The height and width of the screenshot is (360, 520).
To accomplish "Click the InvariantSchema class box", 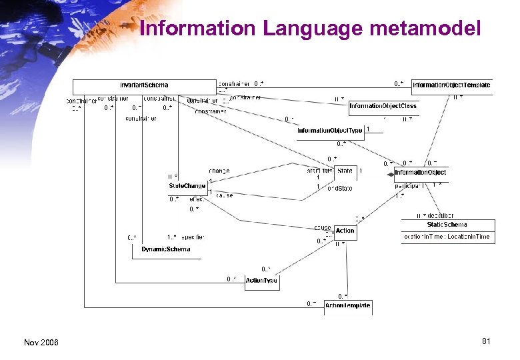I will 144,85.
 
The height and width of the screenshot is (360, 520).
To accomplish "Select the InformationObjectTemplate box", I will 451,85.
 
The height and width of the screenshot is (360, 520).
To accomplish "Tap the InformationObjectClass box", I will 383,106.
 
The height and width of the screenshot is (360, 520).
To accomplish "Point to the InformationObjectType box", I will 330,131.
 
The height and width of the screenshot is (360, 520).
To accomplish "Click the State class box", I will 345,171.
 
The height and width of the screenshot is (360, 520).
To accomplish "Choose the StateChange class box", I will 187,186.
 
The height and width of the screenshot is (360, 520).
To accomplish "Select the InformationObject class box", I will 421,173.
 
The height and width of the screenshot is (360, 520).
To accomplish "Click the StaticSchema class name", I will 447,225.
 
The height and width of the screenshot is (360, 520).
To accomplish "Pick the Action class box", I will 345,231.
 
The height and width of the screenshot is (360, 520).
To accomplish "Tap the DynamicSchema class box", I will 166,249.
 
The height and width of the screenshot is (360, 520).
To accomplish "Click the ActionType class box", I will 261,281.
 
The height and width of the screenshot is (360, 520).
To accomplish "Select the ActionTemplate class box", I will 347,306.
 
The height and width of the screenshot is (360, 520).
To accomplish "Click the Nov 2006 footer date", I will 41,342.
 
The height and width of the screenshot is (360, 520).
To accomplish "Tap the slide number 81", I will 486,341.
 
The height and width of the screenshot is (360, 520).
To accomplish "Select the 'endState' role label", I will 339,189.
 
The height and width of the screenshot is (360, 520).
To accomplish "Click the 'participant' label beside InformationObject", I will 413,186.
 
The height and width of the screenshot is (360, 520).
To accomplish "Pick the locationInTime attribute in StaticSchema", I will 447,237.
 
